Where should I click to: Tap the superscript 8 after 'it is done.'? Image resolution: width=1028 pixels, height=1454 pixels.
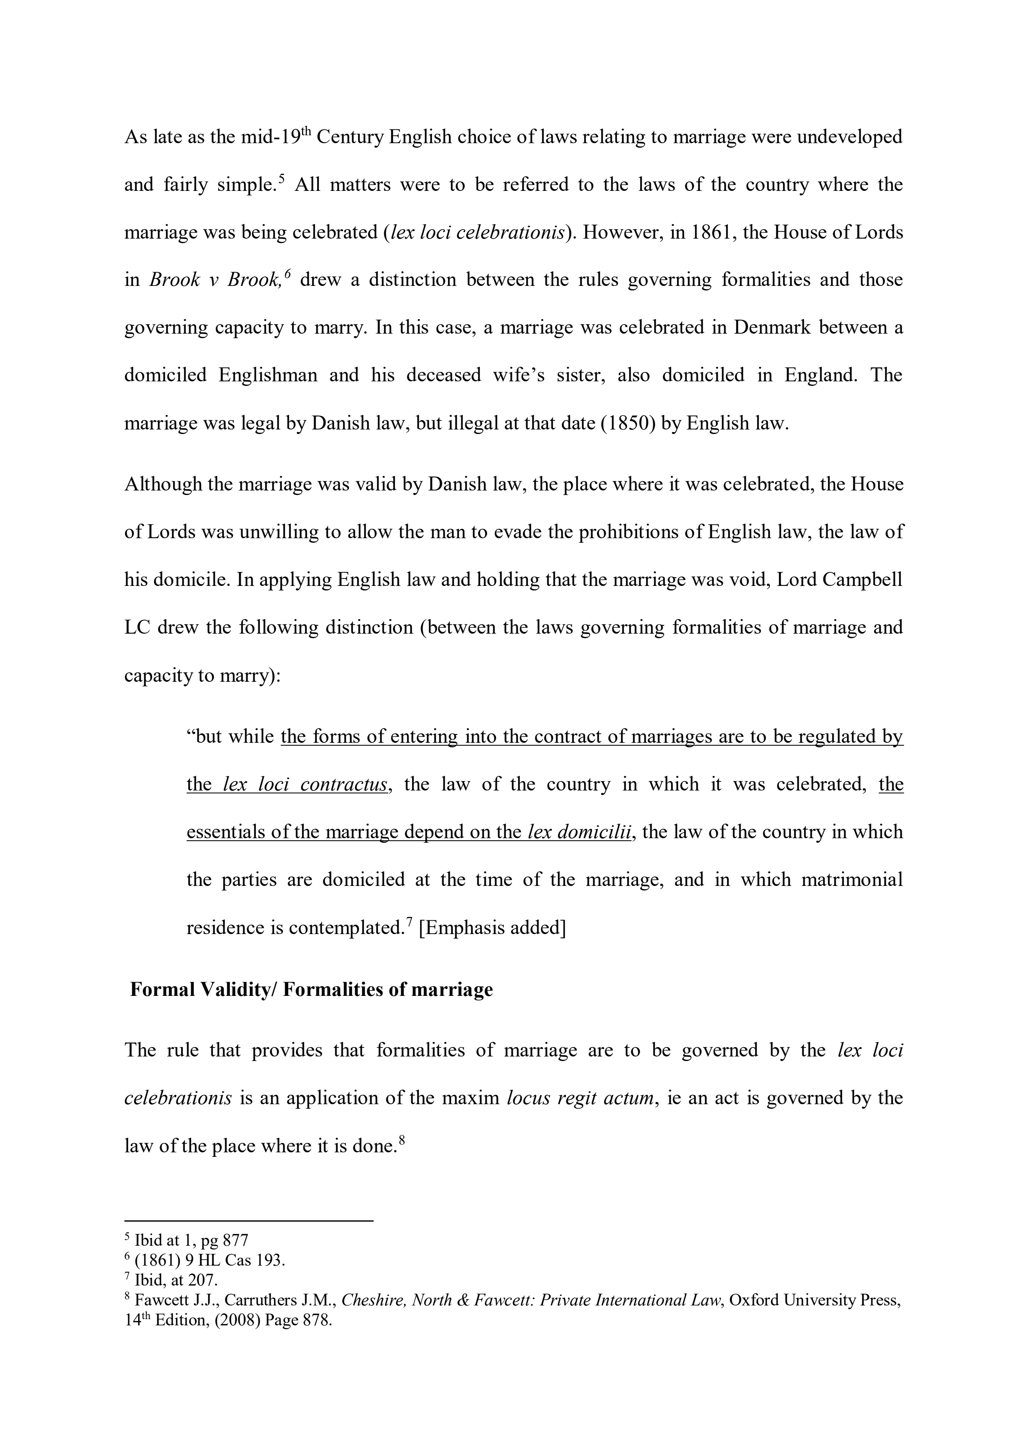401,1140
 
